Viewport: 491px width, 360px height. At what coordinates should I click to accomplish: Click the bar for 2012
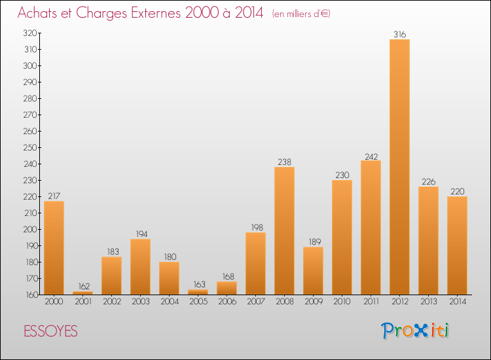coord(399,167)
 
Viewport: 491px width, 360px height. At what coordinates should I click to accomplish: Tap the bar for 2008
coord(284,230)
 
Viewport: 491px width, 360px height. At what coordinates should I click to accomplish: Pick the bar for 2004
coord(169,278)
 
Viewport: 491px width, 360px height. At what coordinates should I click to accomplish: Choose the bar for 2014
coord(457,245)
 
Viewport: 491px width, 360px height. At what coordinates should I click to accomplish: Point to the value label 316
coord(399,34)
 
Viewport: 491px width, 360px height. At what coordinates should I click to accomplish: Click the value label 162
coord(82,287)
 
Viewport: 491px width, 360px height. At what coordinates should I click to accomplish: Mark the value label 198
coord(255,228)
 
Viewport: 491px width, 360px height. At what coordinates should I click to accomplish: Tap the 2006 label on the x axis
coord(227,302)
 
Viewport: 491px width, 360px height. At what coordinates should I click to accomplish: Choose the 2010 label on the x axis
coord(342,302)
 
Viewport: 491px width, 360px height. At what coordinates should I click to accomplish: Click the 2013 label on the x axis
coord(428,302)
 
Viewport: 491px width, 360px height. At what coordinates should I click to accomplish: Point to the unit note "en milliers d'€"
coord(300,14)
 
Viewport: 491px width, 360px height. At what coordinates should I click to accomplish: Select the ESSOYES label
coord(50,332)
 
